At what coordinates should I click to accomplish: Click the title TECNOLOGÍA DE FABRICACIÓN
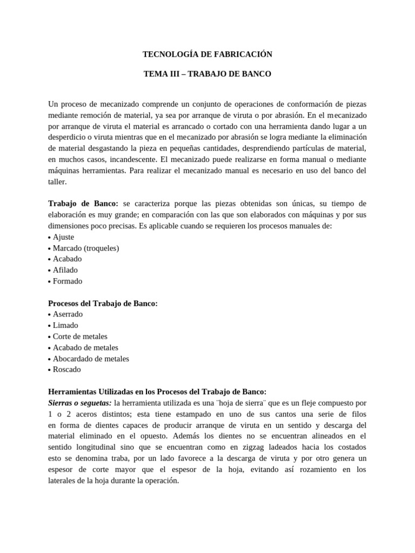click(x=207, y=55)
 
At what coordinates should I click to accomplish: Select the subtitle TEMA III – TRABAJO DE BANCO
click(x=207, y=74)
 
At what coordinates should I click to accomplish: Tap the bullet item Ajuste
click(x=63, y=237)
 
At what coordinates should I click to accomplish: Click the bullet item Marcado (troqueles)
click(x=85, y=248)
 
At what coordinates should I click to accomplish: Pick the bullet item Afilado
click(x=65, y=270)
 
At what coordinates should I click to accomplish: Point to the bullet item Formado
click(x=68, y=281)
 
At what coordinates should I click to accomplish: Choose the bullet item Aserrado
click(x=68, y=314)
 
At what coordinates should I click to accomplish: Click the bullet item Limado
click(x=65, y=325)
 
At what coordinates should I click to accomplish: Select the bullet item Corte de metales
click(x=80, y=336)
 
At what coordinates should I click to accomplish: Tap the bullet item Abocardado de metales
click(x=91, y=359)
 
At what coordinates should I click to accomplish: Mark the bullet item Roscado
click(x=66, y=369)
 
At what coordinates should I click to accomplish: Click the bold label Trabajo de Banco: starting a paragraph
click(x=83, y=204)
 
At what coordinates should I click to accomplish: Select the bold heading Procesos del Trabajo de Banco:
click(x=103, y=304)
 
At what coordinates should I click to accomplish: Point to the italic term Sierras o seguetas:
click(x=79, y=403)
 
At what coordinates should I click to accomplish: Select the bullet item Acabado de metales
click(x=85, y=347)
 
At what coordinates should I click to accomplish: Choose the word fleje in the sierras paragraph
click(x=307, y=403)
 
